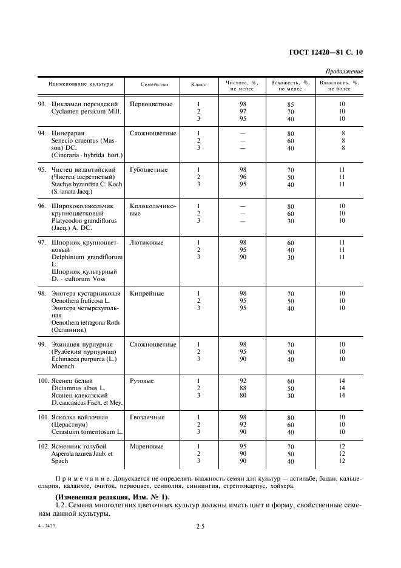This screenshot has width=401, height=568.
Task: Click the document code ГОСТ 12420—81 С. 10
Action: coord(325,52)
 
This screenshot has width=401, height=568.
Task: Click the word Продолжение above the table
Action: coord(345,72)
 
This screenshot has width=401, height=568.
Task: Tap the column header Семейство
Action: coord(154,85)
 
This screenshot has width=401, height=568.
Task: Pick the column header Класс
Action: coord(198,85)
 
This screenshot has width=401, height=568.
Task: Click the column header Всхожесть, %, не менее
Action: coord(291,85)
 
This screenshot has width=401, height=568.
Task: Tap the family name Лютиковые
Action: coord(146,243)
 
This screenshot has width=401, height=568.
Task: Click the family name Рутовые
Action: coord(142,381)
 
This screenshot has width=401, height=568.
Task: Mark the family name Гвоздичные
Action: coord(147,418)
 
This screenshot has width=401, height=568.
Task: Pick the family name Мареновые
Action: coord(146,447)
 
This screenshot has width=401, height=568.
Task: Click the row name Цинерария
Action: coord(68,134)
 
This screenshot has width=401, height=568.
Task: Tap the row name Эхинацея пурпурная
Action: coord(82,345)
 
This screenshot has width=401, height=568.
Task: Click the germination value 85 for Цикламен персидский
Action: coord(291,104)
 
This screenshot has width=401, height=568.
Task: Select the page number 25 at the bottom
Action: coord(200,527)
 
